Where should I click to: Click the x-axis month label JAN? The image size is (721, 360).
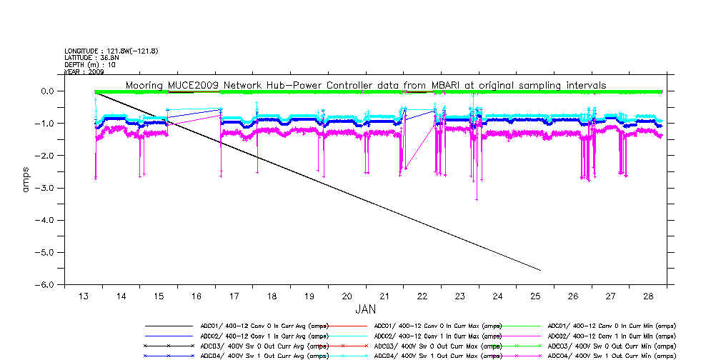point(365,311)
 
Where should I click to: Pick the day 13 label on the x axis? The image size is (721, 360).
point(84,296)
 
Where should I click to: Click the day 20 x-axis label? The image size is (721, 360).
point(347,296)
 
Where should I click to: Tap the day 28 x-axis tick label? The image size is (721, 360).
point(647,296)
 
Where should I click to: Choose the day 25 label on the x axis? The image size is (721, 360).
point(535,296)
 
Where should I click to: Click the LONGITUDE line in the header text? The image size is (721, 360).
point(111,51)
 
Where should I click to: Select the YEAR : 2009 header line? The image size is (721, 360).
point(84,72)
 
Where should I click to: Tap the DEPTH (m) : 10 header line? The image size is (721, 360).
point(90,65)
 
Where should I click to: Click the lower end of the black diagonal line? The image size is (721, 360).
point(540,271)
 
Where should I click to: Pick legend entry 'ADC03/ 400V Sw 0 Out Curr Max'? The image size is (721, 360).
point(434,346)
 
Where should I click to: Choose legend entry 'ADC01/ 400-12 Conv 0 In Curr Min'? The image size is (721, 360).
point(611,326)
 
